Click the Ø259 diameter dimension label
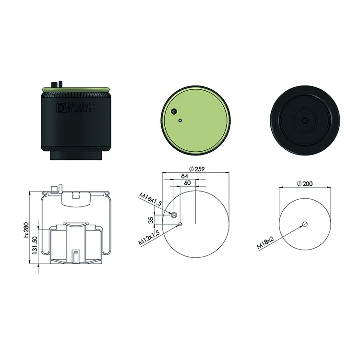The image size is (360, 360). coord(196,169)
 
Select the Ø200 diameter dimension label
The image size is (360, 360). coord(305,184)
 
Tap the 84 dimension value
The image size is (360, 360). coord(185,176)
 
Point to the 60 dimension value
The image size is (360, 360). coord(187,183)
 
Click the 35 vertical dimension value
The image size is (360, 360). coord(151,220)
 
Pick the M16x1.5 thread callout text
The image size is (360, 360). coord(150,199)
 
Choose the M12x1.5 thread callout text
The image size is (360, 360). coord(149,238)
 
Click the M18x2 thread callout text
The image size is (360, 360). coord(265,243)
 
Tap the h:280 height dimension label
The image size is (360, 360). coord(26,229)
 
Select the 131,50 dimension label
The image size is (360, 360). coord(35,245)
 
